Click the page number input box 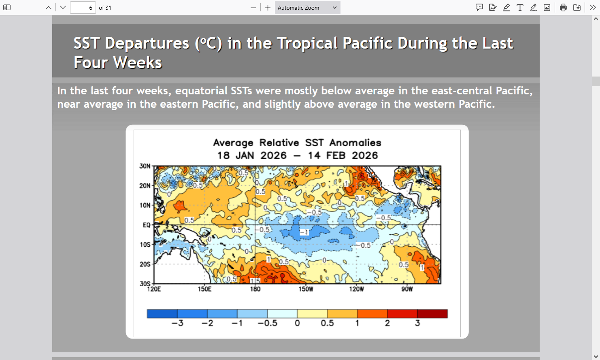pos(83,8)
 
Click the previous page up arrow pos(49,8)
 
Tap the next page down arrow pos(63,8)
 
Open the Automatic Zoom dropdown pos(307,8)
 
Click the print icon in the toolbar pos(563,8)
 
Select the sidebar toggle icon pos(7,8)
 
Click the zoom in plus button pos(268,8)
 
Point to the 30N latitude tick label pos(145,166)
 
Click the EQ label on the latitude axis pos(146,225)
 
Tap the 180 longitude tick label pos(255,289)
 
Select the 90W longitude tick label pos(407,289)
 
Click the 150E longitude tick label pos(204,289)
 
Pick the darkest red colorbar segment pos(432,313)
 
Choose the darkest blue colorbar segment pos(162,313)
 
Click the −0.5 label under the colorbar pos(267,323)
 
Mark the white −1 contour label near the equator pos(304,232)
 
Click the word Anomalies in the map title pos(355,143)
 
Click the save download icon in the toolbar pos(577,8)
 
